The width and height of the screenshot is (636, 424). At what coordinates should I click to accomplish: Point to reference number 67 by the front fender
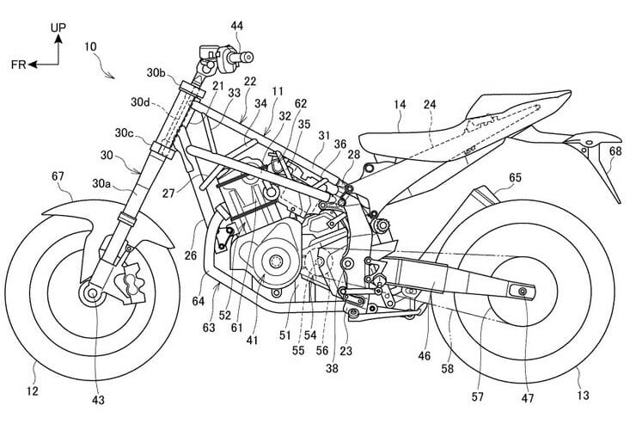[58, 177]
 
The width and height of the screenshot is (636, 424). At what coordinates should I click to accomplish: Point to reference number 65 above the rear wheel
[515, 178]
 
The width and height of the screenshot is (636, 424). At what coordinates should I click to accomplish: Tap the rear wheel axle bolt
[520, 294]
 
